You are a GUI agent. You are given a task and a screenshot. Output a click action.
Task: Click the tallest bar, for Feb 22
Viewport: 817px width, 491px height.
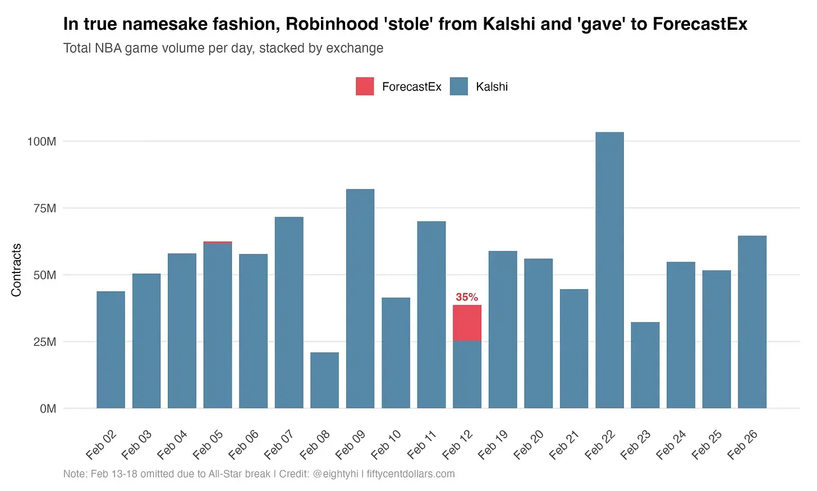[609, 270]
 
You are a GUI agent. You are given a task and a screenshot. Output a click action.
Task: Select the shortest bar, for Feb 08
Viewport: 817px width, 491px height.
[324, 380]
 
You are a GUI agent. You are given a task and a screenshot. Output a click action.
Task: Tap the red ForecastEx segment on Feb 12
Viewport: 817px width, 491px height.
[467, 322]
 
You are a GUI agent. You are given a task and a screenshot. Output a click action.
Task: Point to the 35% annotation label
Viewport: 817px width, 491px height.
[467, 297]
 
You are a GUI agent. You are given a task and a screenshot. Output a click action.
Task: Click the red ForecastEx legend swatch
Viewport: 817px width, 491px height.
[365, 87]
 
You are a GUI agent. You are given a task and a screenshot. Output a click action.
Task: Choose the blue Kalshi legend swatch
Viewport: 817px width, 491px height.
[459, 87]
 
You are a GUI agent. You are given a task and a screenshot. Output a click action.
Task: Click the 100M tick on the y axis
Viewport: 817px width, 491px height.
[42, 142]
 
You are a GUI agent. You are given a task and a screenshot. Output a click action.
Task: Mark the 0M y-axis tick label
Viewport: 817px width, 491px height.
[48, 409]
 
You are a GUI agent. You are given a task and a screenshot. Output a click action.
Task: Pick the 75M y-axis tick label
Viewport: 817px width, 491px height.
[45, 208]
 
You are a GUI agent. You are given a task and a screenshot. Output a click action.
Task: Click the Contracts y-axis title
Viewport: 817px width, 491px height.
[16, 270]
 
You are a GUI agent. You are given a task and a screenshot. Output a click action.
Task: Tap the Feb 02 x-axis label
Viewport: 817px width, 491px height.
[102, 444]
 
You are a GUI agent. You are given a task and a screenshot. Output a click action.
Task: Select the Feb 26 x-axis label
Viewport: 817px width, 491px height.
[742, 444]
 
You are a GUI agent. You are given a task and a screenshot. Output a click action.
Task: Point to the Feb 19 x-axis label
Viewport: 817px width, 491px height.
[493, 444]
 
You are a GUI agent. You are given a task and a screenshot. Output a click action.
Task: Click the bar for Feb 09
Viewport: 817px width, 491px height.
[360, 298]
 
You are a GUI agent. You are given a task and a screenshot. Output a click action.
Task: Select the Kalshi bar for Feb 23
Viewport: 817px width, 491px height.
[645, 365]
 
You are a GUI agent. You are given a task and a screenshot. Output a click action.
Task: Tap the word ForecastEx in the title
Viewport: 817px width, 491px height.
[700, 24]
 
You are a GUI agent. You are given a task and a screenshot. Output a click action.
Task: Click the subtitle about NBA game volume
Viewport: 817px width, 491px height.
[223, 48]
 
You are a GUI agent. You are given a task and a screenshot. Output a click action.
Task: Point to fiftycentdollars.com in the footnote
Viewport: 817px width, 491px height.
[411, 474]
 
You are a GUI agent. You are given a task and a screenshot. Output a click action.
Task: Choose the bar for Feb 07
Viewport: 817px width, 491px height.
[289, 312]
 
